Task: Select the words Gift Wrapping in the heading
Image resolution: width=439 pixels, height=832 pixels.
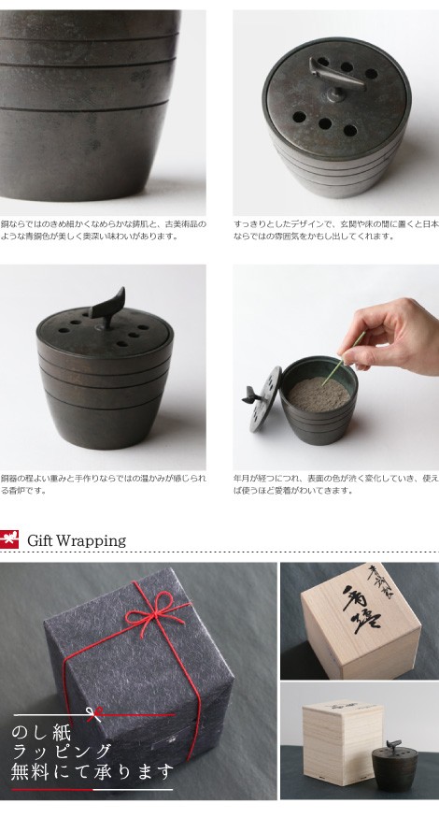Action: [x=77, y=540]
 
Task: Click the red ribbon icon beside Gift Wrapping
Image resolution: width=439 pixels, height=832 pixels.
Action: [x=10, y=540]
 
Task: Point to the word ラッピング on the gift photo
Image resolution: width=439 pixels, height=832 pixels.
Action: [x=61, y=752]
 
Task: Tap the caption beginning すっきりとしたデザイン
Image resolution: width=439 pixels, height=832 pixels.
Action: [x=335, y=230]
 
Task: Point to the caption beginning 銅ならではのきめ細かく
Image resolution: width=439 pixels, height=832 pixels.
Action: [x=103, y=230]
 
